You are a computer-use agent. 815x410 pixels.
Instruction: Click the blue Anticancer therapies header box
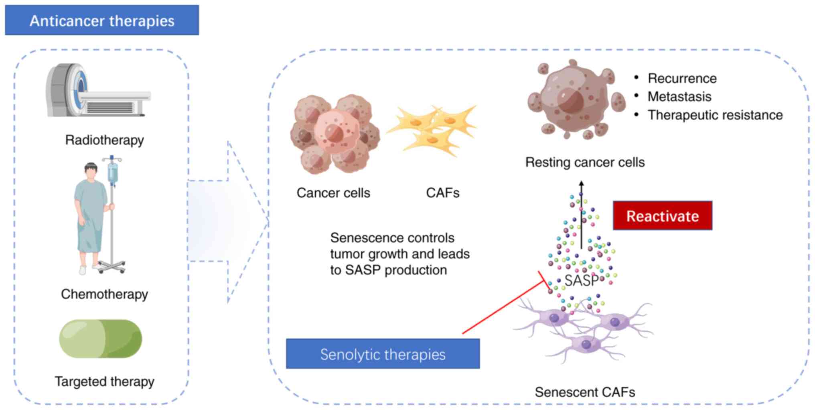(102, 20)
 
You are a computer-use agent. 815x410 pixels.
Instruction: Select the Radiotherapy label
(104, 140)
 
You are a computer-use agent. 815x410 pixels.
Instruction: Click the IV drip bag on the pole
(113, 173)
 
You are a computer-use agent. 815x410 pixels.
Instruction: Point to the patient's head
(91, 172)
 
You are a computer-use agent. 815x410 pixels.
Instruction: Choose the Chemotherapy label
(104, 294)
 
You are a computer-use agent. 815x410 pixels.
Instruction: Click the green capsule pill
(101, 339)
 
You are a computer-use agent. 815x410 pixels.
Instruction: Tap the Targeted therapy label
(104, 381)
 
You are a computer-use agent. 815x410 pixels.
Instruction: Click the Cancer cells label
(333, 193)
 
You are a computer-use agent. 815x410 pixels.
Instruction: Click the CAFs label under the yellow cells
(442, 193)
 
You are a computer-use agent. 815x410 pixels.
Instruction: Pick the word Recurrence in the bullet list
(682, 78)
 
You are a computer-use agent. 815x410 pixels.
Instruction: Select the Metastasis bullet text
(679, 97)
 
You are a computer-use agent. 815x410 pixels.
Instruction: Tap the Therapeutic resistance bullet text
(715, 115)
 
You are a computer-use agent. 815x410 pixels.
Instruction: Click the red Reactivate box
(663, 216)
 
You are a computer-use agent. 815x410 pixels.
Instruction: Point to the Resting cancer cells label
(585, 162)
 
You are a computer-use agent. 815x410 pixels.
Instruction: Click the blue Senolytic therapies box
(383, 354)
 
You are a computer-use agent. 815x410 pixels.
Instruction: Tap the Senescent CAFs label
(585, 392)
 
